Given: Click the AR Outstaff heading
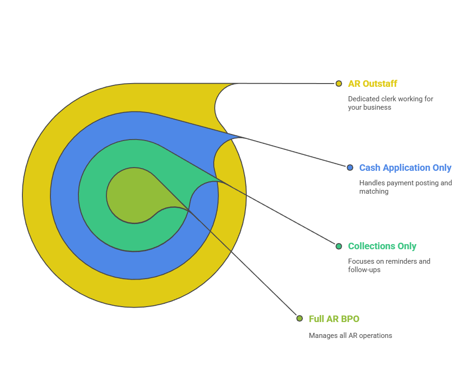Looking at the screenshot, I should point(372,84).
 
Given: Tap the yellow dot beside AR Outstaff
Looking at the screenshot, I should point(339,84).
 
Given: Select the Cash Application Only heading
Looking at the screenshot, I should point(405,168).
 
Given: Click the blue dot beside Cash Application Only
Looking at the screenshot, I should point(350,168).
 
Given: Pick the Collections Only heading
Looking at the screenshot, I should point(382,246).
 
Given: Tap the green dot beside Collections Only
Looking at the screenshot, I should point(339,246).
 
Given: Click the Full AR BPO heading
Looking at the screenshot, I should point(334,319).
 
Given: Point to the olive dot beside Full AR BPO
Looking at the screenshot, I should point(300,318).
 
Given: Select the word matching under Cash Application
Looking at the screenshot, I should point(373,191).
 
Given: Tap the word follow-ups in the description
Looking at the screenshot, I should point(364,270).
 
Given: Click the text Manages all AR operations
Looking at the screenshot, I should point(350,336).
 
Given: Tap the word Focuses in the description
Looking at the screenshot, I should point(361,261).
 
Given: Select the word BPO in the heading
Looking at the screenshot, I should point(350,319).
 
